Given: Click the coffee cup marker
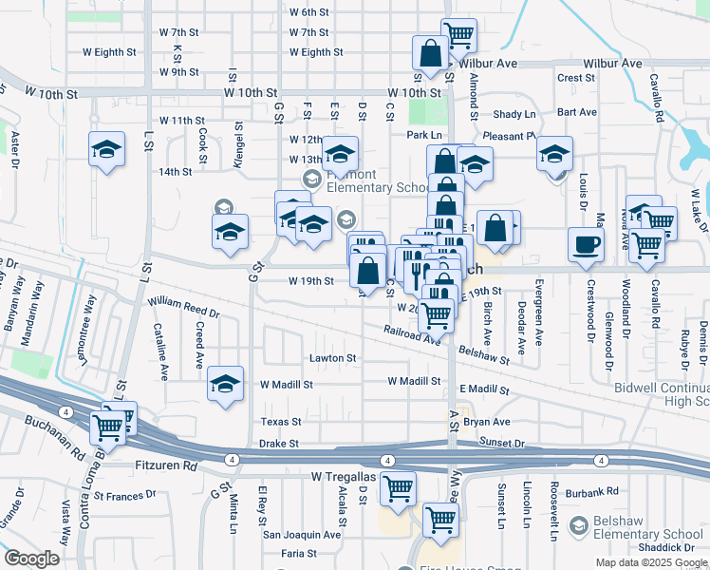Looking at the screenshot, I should (586, 244).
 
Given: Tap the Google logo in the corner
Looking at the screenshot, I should (32, 559).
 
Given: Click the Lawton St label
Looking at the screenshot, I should (332, 358).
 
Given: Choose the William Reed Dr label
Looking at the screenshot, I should (184, 307).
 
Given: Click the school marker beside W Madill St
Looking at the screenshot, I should (225, 385).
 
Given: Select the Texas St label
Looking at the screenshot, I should (281, 421).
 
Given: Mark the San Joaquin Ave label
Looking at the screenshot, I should (301, 534).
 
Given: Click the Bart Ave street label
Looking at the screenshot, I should (577, 112).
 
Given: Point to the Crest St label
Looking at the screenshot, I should (576, 78).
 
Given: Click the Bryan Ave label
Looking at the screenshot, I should (487, 421).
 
